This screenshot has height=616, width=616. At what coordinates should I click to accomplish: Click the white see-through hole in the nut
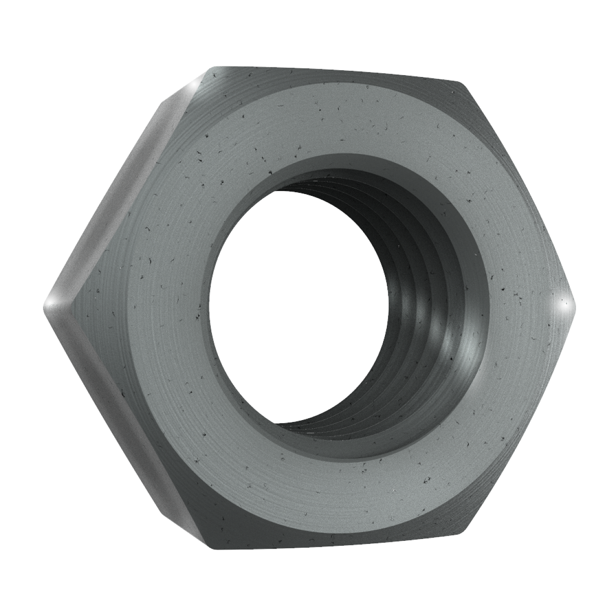294,308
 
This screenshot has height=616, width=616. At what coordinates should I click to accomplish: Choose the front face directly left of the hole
159,308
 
